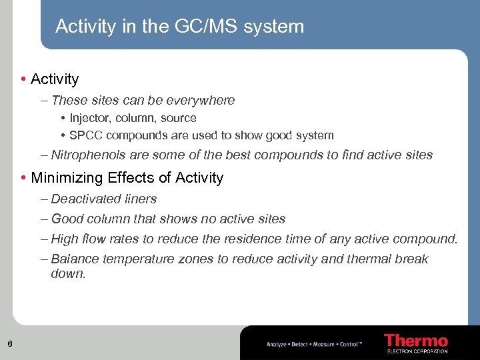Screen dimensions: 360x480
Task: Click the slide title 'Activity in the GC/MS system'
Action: (x=179, y=27)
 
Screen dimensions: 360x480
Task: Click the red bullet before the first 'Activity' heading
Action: (x=23, y=79)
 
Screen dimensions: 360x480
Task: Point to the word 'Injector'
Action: (x=90, y=118)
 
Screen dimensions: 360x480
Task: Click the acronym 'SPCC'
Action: (x=85, y=135)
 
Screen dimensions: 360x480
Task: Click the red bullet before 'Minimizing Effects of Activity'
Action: (x=23, y=178)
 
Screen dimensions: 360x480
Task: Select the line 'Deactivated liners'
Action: (x=103, y=199)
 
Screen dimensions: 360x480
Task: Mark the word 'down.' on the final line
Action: (x=68, y=273)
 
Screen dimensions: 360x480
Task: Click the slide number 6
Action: (x=10, y=344)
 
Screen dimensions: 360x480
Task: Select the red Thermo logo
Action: (x=416, y=341)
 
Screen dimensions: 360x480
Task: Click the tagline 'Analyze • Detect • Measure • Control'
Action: (x=314, y=344)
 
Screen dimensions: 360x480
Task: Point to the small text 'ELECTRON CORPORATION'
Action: (x=417, y=351)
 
